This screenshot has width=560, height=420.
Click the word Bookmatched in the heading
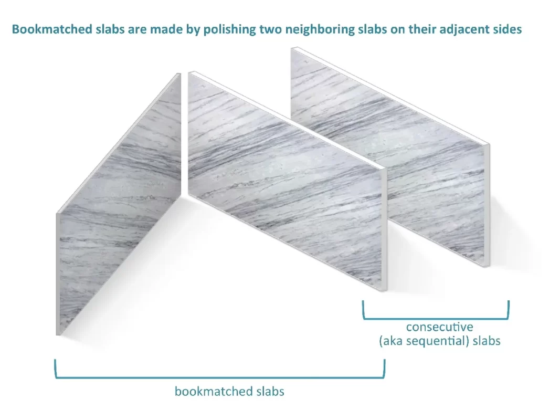click(52, 29)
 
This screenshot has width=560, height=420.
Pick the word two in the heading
click(270, 29)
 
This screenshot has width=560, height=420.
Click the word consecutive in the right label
click(440, 327)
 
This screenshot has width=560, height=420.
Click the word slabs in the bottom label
click(270, 392)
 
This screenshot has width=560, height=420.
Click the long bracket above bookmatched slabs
click(219, 377)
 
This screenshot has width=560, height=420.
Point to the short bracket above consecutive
click(436, 318)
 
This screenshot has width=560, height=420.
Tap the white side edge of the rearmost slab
click(487, 205)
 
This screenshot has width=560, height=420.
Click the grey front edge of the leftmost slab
click(58, 274)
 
